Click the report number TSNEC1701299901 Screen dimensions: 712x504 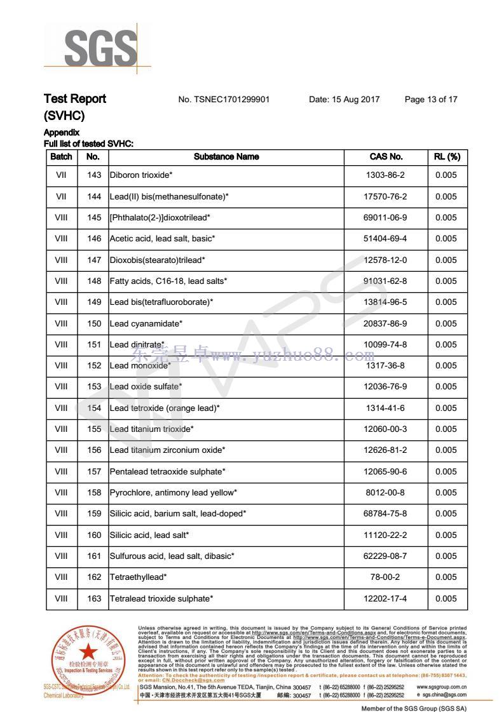[x=224, y=100]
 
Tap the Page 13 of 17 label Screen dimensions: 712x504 [x=431, y=100]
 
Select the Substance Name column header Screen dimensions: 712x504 [x=226, y=157]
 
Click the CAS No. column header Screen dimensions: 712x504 [x=386, y=157]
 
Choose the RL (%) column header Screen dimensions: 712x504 [x=447, y=157]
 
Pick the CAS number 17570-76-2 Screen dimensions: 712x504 [x=385, y=197]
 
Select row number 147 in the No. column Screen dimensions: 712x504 [x=94, y=260]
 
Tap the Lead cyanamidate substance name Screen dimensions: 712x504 [x=146, y=324]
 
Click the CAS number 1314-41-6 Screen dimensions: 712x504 [x=385, y=408]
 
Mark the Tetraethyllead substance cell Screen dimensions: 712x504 [x=139, y=577]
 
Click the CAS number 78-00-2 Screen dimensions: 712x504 [x=385, y=577]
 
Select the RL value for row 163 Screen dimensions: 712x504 [x=446, y=599]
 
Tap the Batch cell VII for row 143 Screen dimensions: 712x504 [x=62, y=175]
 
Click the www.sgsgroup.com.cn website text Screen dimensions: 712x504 [x=442, y=687]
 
